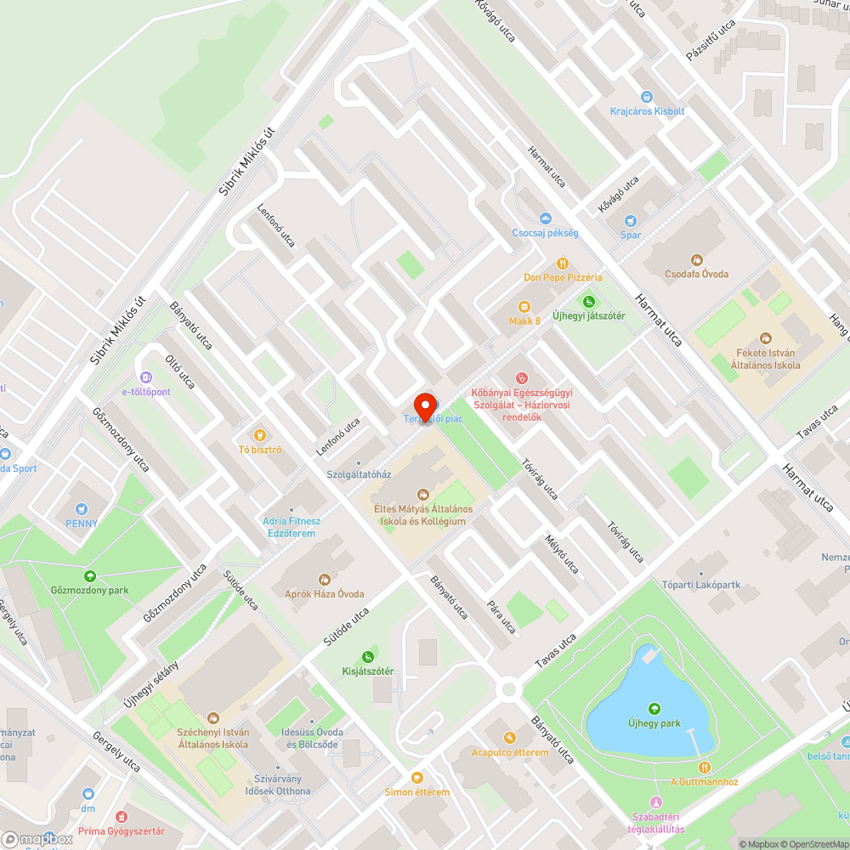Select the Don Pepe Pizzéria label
point(563,277)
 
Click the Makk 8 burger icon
point(524,306)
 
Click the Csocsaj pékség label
point(545,233)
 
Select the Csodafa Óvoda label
point(696,274)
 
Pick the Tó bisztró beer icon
point(260,434)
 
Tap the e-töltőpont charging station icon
point(145,377)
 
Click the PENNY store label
point(82,523)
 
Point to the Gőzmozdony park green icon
point(89,575)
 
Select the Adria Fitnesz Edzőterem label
point(292,527)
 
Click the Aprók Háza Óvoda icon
point(324,579)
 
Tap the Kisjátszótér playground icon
point(367,656)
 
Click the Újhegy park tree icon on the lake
point(654,708)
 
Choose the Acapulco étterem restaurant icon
point(510,738)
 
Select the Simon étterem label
point(416,792)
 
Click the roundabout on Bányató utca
point(511,688)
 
